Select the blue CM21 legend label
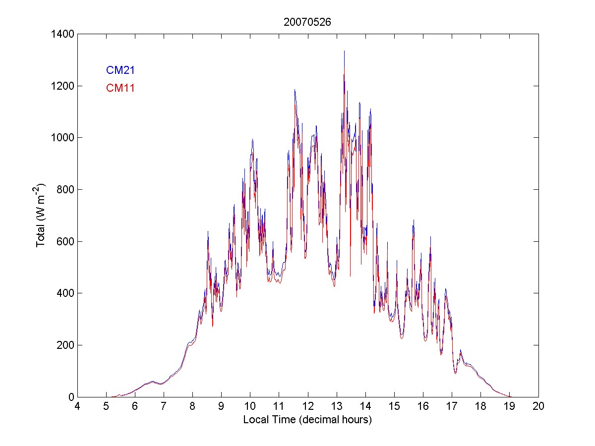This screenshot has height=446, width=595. pyautogui.click(x=120, y=70)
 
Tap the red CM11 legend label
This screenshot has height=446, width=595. pyautogui.click(x=120, y=88)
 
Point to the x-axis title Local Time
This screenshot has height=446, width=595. pyautogui.click(x=307, y=420)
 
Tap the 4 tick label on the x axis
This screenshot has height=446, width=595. pyautogui.click(x=77, y=406)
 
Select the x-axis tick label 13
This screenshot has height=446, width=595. pyautogui.click(x=337, y=406)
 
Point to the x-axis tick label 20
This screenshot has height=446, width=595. pyautogui.click(x=538, y=406)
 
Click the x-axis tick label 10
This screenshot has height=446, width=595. pyautogui.click(x=250, y=406)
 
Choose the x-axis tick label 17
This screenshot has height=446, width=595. pyautogui.click(x=452, y=406)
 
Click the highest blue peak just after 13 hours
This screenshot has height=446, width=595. pyautogui.click(x=344, y=52)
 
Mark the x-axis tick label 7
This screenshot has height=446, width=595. pyautogui.click(x=164, y=406)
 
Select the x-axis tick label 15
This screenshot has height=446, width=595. pyautogui.click(x=394, y=406)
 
